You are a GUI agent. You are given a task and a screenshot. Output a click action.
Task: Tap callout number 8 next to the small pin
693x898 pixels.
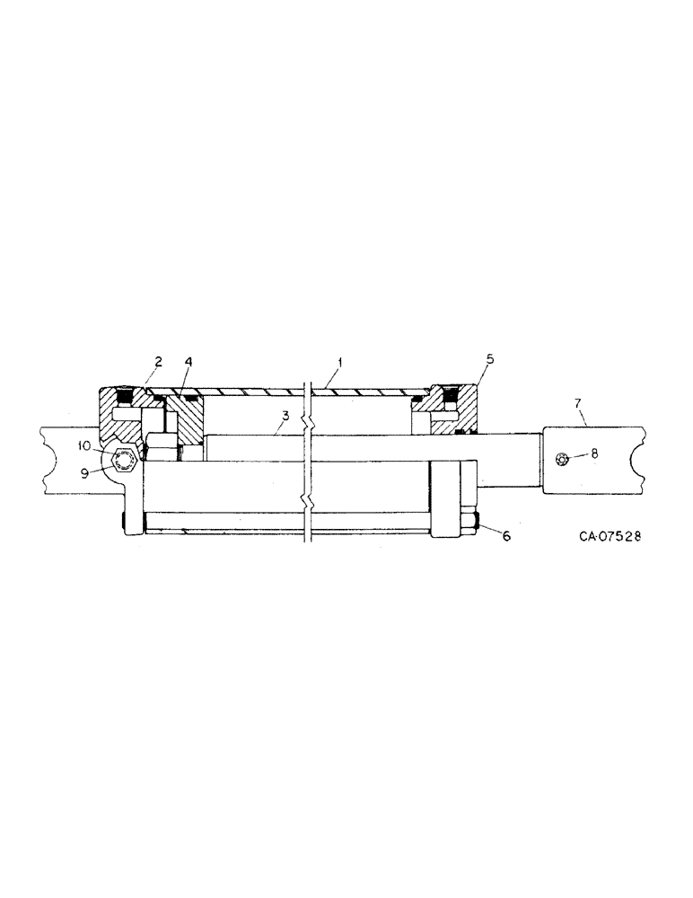coord(593,453)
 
